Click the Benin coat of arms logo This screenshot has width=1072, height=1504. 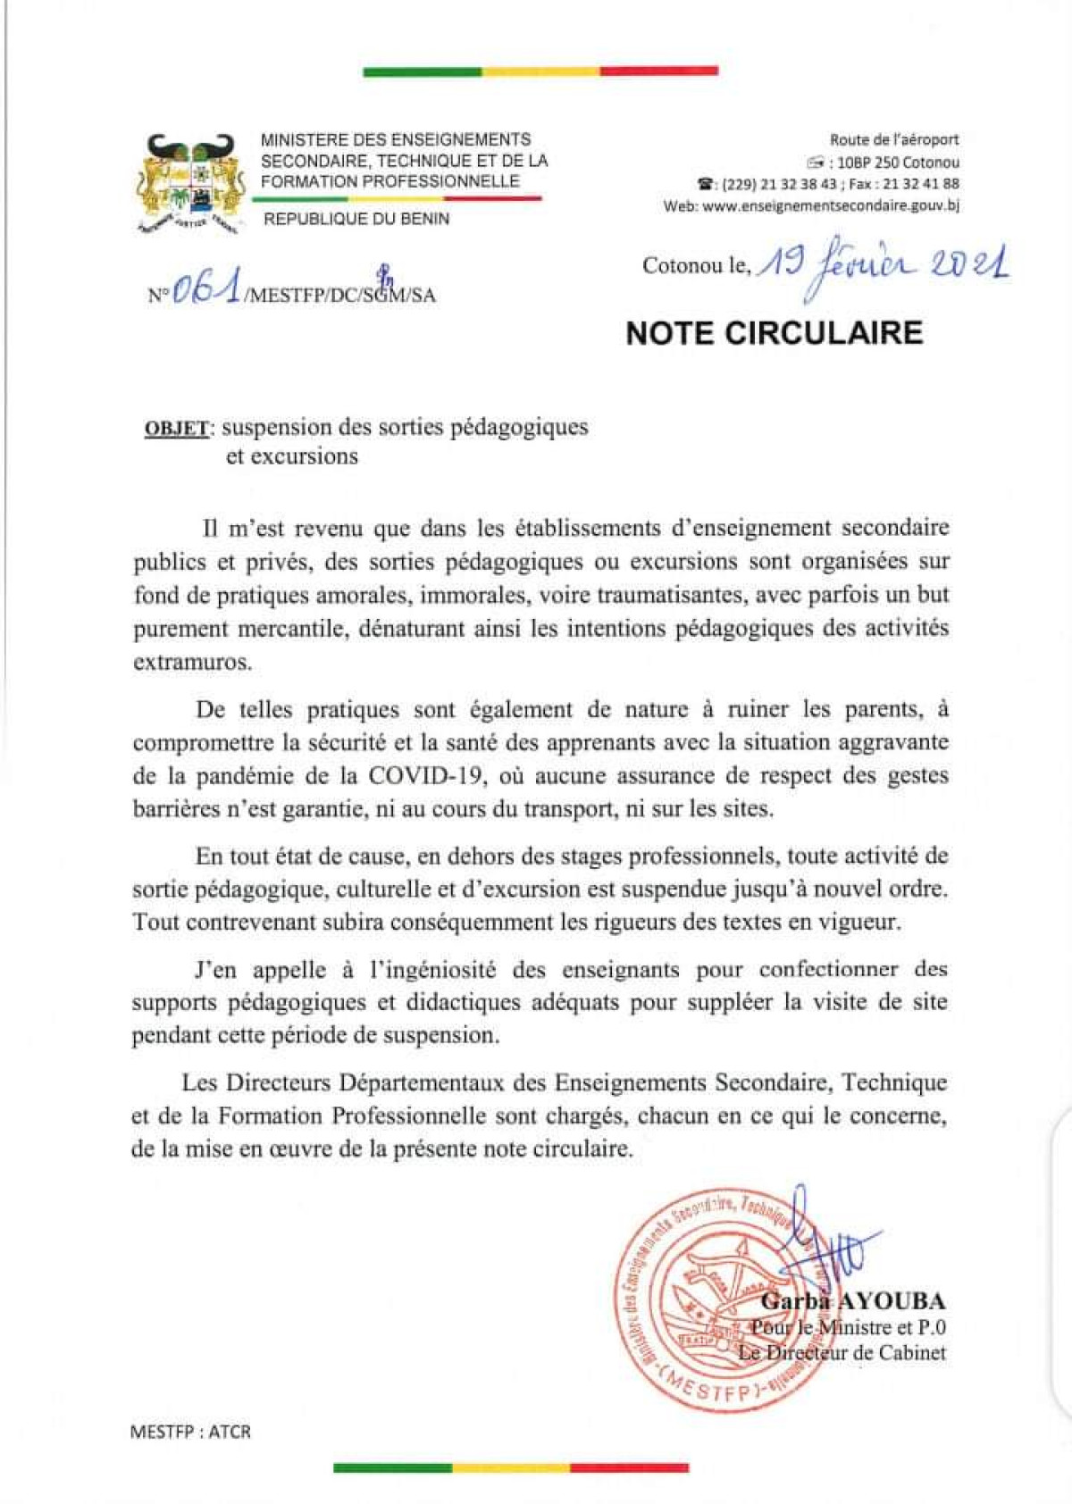pyautogui.click(x=189, y=184)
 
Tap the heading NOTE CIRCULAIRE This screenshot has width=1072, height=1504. pyautogui.click(x=774, y=333)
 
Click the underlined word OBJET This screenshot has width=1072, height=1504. pyautogui.click(x=177, y=428)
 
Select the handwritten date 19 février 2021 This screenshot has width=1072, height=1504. pyautogui.click(x=883, y=263)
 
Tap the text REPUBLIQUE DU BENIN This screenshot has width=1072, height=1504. pyautogui.click(x=356, y=219)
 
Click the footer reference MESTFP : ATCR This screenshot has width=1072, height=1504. pyautogui.click(x=190, y=1432)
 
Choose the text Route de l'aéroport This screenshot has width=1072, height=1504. pyautogui.click(x=894, y=140)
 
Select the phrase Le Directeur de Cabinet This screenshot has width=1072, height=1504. pyautogui.click(x=841, y=1352)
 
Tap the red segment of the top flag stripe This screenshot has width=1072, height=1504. pyautogui.click(x=658, y=71)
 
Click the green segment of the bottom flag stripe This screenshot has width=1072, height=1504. pyautogui.click(x=393, y=1466)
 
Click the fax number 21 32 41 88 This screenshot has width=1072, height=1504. pyautogui.click(x=925, y=184)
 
